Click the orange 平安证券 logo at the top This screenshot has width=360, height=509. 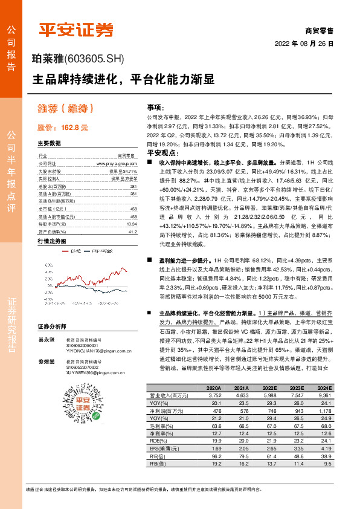point(76,29)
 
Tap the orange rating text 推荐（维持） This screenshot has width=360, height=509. point(62,109)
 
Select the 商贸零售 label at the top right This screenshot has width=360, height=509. point(319,30)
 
